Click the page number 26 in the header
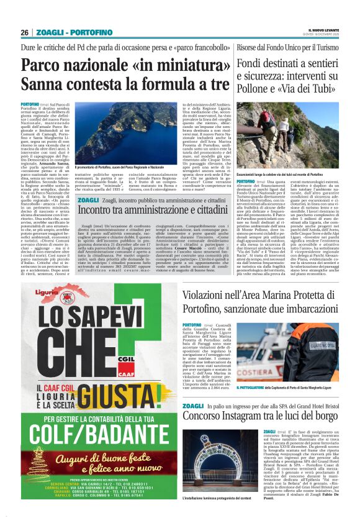(24, 32)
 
